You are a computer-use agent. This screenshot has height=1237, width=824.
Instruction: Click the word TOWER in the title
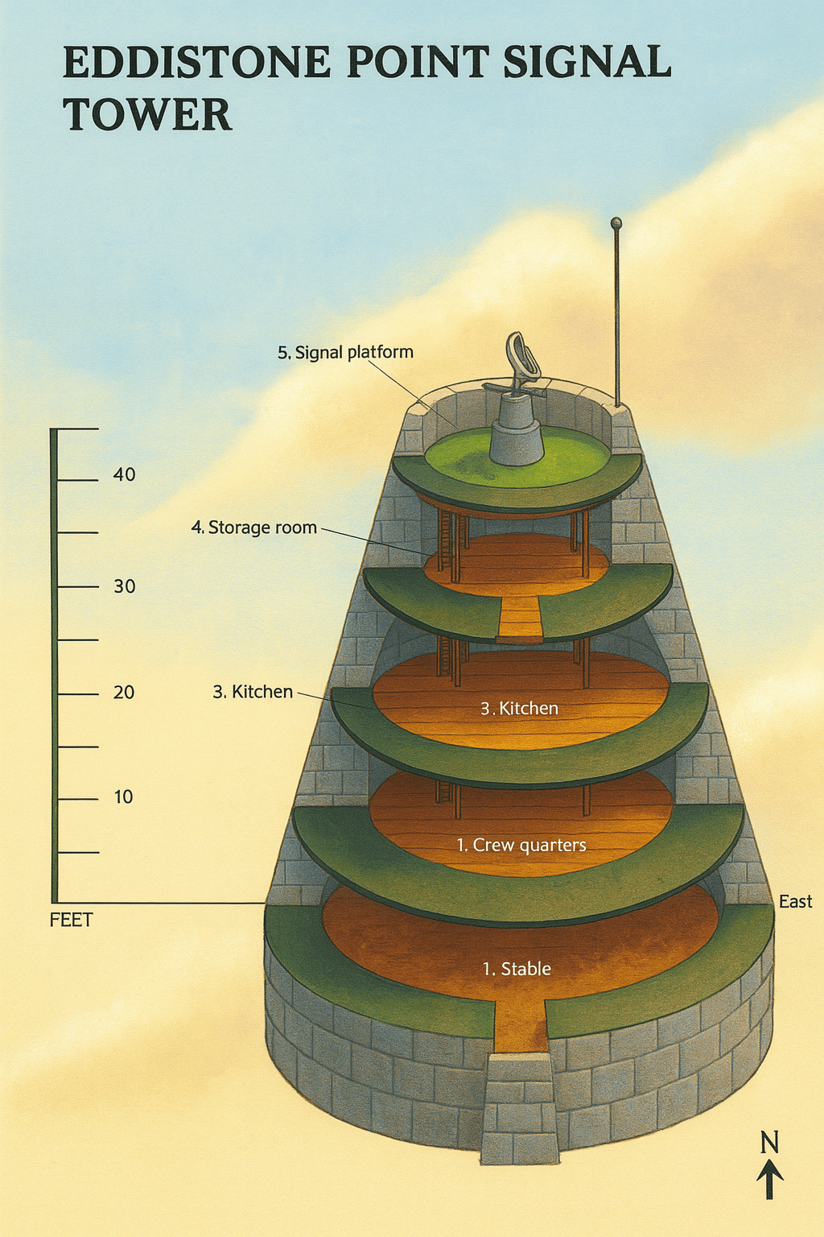(147, 114)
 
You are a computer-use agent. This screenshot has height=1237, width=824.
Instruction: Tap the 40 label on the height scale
(124, 474)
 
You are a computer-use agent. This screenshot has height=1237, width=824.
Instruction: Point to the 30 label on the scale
(124, 586)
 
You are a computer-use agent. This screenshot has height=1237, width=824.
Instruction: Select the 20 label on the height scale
(124, 692)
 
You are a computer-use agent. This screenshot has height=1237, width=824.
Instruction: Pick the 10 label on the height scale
(123, 797)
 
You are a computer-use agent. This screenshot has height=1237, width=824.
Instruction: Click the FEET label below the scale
(71, 920)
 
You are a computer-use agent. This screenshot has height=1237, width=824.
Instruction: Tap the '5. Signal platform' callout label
(345, 352)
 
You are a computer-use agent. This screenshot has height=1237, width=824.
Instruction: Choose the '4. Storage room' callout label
(253, 527)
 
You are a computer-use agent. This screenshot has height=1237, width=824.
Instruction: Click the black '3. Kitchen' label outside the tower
(253, 692)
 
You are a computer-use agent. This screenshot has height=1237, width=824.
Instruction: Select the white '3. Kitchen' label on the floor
(519, 709)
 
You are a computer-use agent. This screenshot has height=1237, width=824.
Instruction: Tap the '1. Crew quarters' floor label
(521, 845)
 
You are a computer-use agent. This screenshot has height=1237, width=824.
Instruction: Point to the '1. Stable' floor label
(517, 969)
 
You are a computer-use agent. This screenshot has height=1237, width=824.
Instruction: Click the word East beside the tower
(795, 902)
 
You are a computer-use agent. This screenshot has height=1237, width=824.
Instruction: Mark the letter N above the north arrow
(769, 1142)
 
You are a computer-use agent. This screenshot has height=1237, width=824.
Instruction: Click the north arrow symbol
(770, 1180)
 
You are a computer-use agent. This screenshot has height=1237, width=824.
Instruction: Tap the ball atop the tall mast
(616, 222)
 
